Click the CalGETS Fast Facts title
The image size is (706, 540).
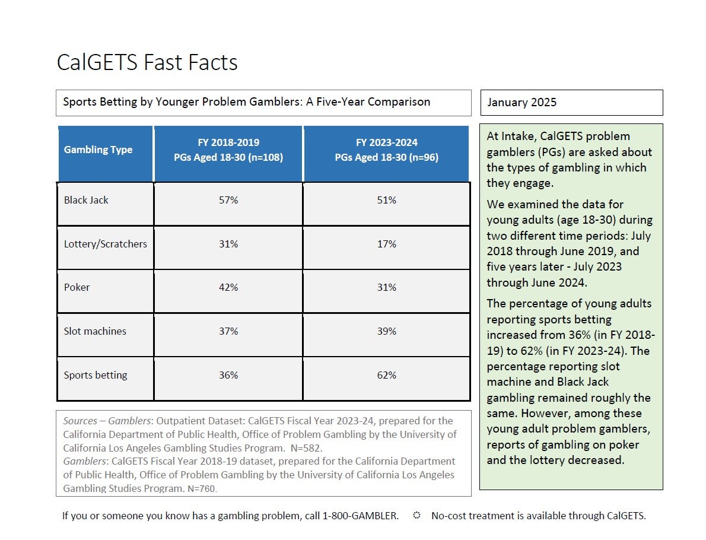[147, 62]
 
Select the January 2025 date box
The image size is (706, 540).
[571, 102]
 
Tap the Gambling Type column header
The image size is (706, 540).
[106, 154]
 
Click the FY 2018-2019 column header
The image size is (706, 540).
[228, 154]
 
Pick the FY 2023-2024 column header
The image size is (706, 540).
[386, 154]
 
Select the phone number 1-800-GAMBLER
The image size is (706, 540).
[360, 516]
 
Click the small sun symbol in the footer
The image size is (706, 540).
[416, 514]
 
